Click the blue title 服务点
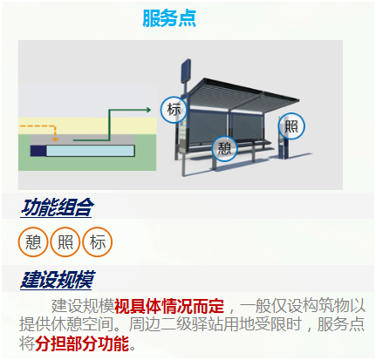[169, 18]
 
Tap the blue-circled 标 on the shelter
[174, 110]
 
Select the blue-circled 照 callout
[291, 126]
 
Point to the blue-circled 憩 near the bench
[224, 149]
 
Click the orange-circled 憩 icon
[33, 241]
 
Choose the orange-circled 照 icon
[65, 241]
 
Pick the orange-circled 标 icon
[98, 241]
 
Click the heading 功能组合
[57, 207]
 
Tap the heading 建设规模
[58, 280]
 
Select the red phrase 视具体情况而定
[169, 306]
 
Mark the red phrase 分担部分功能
[82, 343]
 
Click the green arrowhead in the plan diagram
[148, 110]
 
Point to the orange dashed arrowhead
[55, 139]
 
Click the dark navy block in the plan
[38, 151]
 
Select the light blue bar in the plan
[90, 151]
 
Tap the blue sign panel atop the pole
[186, 71]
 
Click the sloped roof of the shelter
[244, 94]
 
